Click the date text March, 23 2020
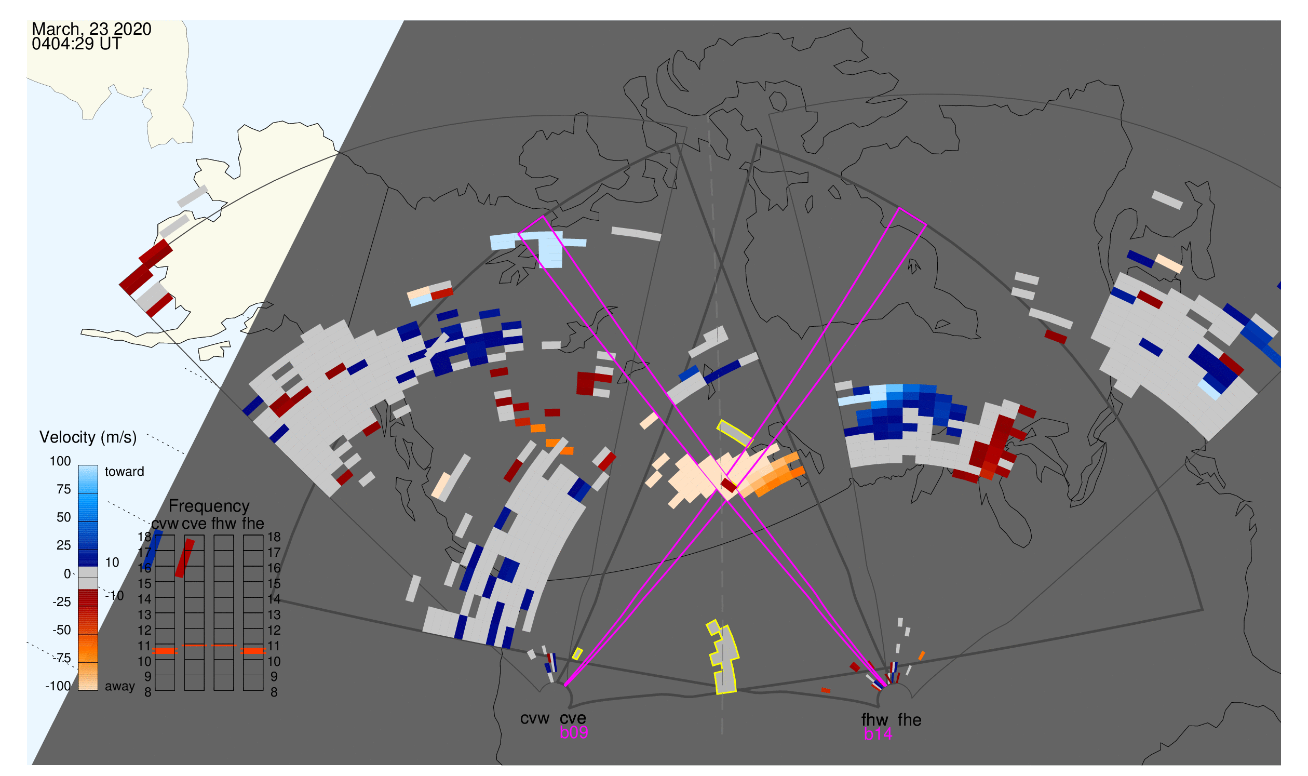91,29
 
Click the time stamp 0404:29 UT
76,44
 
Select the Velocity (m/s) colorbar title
88,438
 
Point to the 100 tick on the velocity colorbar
60,461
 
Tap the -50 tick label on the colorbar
61,630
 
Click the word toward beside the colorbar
125,472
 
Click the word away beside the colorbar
120,687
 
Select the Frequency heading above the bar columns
209,506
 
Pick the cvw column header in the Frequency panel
165,524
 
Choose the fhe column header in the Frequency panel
253,524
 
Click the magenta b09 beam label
574,732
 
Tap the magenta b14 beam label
878,734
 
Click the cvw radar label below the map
534,718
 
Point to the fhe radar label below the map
909,720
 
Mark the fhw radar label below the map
874,720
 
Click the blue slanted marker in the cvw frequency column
152,550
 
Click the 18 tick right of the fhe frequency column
274,537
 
